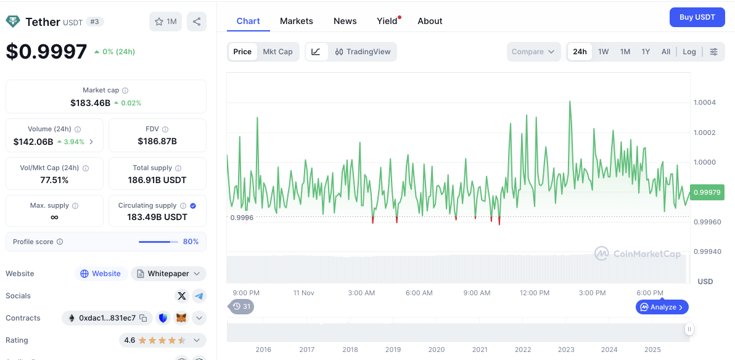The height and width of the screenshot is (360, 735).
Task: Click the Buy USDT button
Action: (697, 17)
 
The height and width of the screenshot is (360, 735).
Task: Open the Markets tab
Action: (297, 21)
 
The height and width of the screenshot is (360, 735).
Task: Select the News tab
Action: (345, 21)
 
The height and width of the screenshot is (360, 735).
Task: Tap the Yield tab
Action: (387, 21)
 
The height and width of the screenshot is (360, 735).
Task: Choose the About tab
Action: (430, 21)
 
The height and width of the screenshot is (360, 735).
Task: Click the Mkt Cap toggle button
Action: (277, 52)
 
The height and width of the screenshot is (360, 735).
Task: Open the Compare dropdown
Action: (533, 52)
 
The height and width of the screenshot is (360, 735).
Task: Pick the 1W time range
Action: (603, 52)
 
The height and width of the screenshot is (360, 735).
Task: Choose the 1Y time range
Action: (646, 52)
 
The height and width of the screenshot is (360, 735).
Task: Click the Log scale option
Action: (689, 52)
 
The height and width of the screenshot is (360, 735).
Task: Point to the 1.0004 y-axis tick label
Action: (705, 102)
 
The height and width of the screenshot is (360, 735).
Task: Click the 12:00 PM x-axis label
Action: (535, 293)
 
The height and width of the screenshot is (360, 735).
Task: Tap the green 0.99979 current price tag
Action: (707, 192)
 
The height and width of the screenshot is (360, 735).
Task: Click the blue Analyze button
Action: (662, 307)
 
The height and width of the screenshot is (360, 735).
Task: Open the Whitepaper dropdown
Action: (168, 274)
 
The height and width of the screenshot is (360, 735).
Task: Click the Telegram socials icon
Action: (199, 296)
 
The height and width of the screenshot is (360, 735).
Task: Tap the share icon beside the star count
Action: (197, 22)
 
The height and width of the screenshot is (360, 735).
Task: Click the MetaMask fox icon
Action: (181, 318)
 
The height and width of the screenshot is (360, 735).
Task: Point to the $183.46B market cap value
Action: (90, 103)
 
